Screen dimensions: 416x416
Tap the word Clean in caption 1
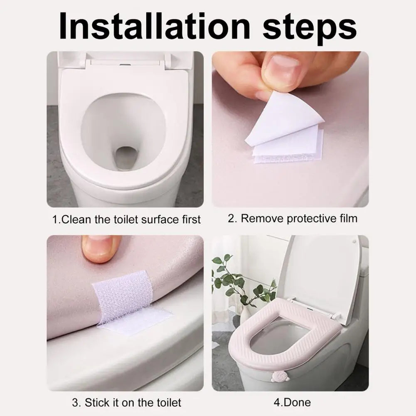pos(76,220)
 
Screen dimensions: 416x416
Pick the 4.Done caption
pos(292,402)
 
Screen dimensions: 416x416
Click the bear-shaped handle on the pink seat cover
pos(278,377)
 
